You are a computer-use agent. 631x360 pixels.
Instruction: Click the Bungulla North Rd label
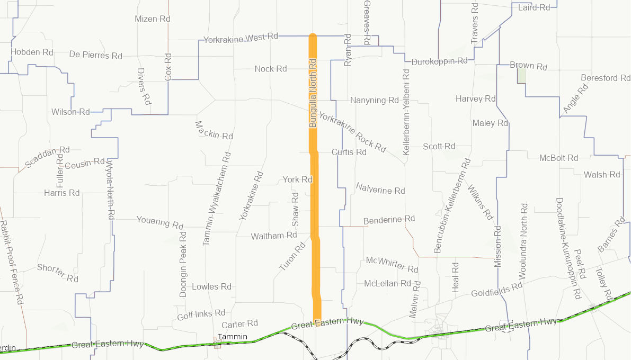pos(313,93)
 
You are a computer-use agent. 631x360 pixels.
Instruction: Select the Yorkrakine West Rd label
pos(241,38)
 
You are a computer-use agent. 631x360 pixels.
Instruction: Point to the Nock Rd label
pos(270,69)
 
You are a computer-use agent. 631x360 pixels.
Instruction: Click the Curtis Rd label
pos(349,152)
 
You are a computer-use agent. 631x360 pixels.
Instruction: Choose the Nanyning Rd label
pos(374,100)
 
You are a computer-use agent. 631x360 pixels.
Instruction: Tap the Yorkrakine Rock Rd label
pos(352,132)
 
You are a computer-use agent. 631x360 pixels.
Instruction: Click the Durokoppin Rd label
pos(439,61)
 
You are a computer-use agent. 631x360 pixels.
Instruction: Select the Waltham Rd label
pos(274,236)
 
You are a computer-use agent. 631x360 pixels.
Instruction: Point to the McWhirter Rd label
pos(392,264)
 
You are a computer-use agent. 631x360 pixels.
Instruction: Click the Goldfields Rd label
pos(496,290)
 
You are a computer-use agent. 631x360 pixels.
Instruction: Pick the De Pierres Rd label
pos(95,55)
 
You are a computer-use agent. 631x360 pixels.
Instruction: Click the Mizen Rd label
pos(153,19)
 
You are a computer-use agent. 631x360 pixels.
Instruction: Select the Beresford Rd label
pos(606,78)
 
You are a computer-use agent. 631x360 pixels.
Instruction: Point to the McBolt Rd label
pos(558,158)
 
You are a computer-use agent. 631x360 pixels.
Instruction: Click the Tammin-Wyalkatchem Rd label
pos(217,199)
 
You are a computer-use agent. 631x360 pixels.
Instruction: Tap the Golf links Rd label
pos(201,314)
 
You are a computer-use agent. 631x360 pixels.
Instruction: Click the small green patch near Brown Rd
pos(522,75)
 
